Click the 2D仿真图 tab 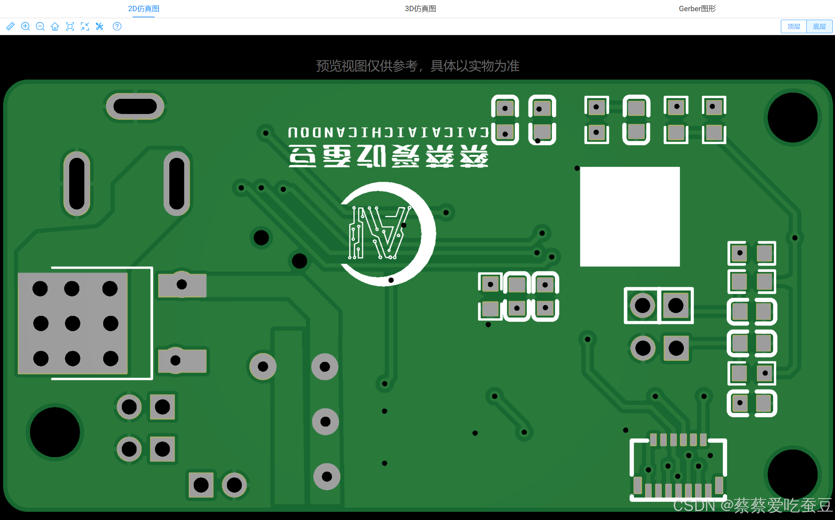tap(143, 8)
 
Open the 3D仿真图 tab tap(420, 8)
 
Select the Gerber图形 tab tap(697, 8)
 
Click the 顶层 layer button tap(794, 26)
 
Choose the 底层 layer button tap(819, 26)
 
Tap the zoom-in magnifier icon tap(26, 26)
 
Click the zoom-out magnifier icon tap(40, 26)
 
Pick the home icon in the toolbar tap(55, 26)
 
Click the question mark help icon tap(117, 26)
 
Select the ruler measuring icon tap(10, 26)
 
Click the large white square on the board tap(630, 217)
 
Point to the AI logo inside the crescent tap(379, 233)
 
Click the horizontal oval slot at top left tap(135, 107)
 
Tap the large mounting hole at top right tap(792, 117)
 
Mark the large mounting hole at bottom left tap(55, 432)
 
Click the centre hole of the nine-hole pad tap(73, 324)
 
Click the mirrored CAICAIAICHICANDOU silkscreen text tap(388, 132)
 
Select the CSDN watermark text tap(752, 505)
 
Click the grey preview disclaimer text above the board tap(417, 66)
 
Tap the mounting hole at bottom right tap(792, 474)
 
